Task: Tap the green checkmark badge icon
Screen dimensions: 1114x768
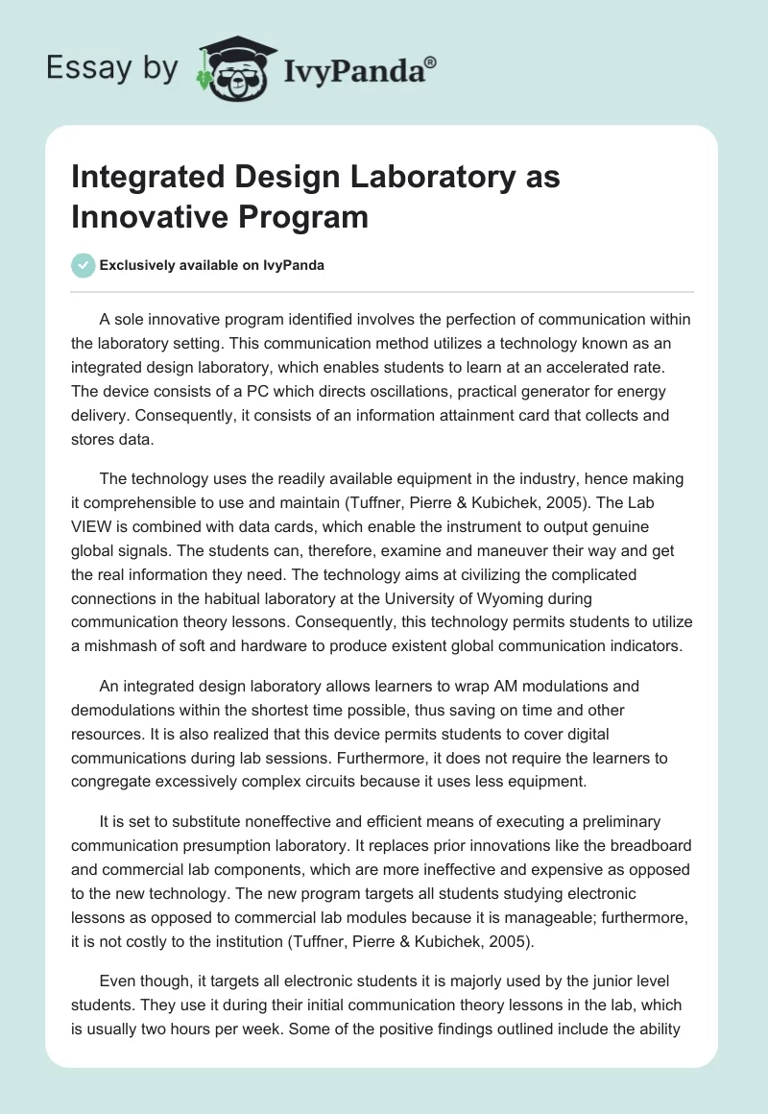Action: pos(83,266)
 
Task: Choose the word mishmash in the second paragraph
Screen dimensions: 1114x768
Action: pos(123,645)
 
